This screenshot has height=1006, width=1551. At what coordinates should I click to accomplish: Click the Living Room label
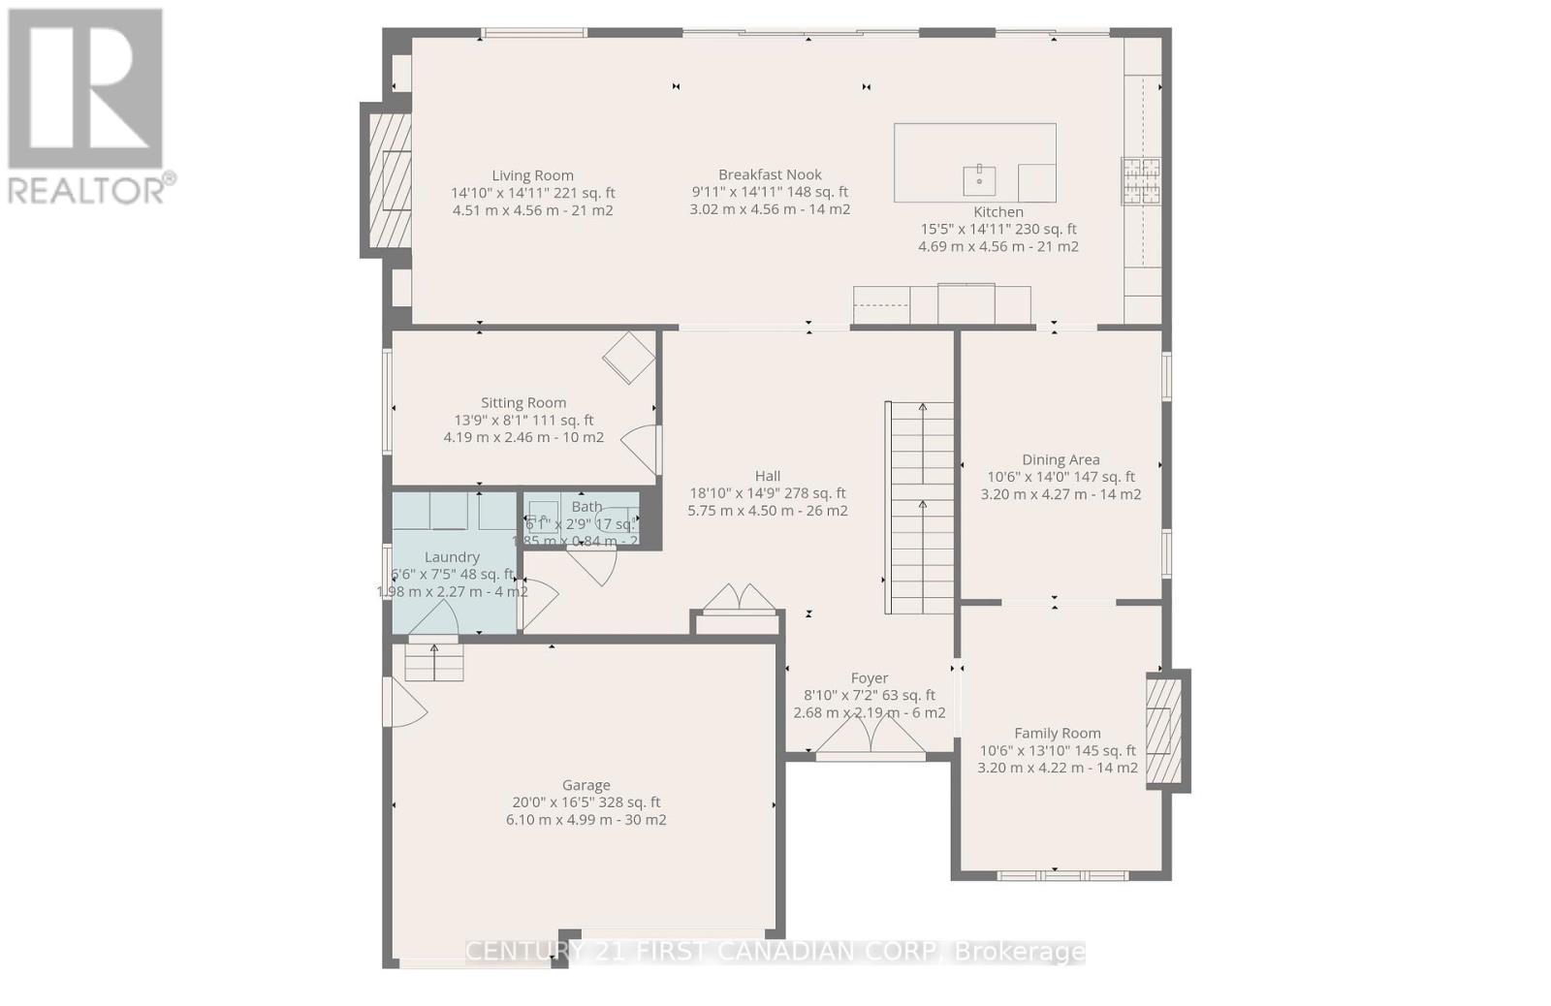(x=532, y=175)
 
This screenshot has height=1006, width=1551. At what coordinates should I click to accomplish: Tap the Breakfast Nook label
(x=770, y=174)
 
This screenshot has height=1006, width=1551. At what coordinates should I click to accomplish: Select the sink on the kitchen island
(x=979, y=180)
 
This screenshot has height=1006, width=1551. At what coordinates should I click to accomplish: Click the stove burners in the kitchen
(x=1141, y=181)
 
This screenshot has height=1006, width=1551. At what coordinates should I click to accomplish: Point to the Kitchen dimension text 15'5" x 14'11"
(x=997, y=229)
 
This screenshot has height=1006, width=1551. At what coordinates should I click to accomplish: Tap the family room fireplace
(x=1164, y=731)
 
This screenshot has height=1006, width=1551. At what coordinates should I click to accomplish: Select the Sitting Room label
(x=523, y=402)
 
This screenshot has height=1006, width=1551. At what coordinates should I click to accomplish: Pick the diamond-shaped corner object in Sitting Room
(x=629, y=358)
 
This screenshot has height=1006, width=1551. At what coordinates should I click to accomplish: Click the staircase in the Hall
(x=921, y=509)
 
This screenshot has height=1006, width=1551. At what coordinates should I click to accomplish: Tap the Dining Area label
(x=1060, y=459)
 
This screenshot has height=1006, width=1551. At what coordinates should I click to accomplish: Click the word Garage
(x=586, y=785)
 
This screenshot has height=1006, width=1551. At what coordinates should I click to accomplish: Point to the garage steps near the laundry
(x=433, y=662)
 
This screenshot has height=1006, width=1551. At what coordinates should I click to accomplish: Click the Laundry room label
(x=452, y=556)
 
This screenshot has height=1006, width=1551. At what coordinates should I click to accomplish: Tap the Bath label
(x=586, y=506)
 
